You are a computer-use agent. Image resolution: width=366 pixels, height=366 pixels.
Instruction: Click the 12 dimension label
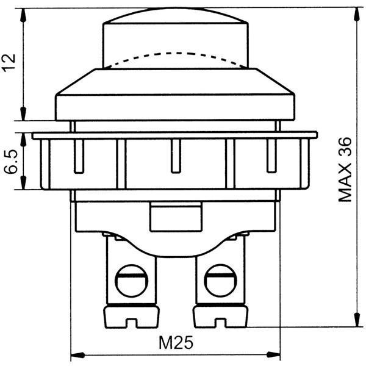pos(9,63)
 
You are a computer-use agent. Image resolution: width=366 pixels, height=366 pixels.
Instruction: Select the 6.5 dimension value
pos(11,162)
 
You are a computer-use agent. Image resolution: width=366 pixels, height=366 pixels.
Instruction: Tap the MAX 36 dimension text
pos(345,170)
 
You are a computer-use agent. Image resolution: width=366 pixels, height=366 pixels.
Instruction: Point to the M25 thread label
pos(176,343)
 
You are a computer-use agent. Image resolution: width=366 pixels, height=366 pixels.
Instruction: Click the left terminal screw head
pos(132,281)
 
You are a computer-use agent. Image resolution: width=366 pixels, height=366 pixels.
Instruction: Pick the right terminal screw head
pos(221,281)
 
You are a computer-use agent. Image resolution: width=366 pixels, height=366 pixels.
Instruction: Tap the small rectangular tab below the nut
pos(176,217)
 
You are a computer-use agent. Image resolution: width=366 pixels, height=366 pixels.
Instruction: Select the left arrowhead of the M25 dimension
pos(77,355)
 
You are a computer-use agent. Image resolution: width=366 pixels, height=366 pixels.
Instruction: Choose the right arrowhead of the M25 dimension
pos(273,355)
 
